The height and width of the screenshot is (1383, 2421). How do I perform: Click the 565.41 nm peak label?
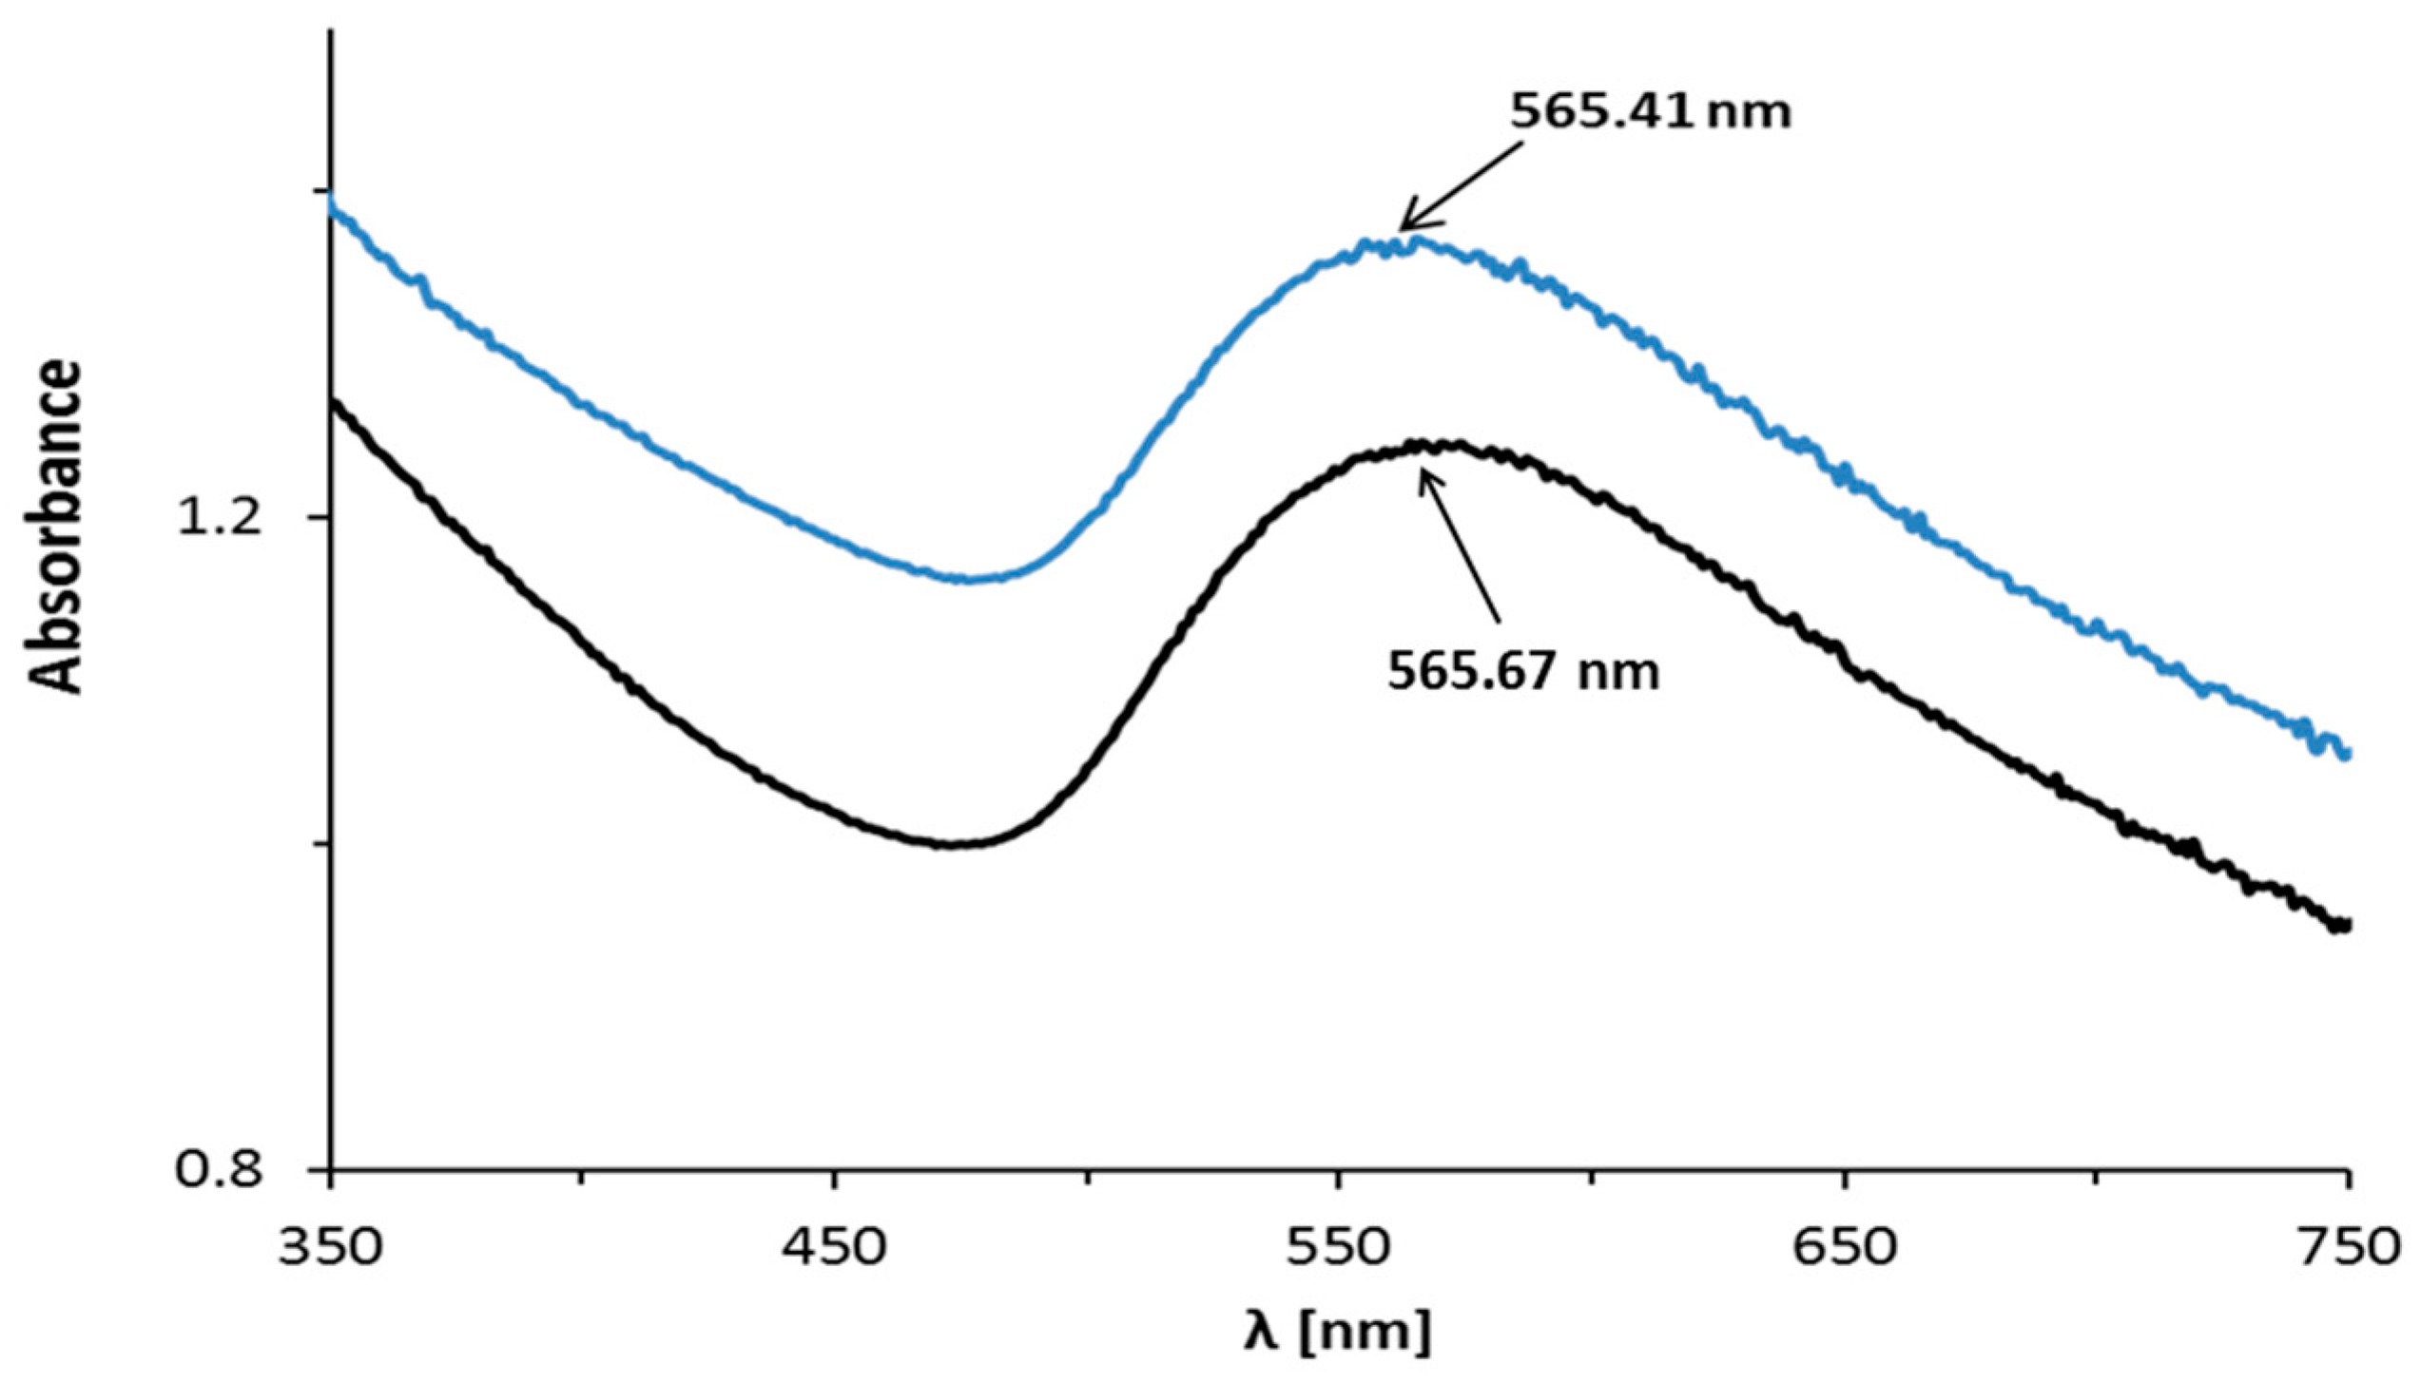[1651, 112]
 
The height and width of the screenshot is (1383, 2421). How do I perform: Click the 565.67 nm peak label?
[1523, 673]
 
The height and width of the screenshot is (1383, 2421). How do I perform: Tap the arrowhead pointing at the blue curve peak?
[1404, 228]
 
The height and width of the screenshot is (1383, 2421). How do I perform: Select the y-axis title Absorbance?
[55, 526]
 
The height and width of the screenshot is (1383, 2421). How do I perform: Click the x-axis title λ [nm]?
[1336, 1333]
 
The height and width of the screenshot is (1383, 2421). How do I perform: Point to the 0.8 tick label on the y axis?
[220, 1170]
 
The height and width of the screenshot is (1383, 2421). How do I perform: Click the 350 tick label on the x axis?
[330, 1247]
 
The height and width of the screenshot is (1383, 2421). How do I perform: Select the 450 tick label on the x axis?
[834, 1247]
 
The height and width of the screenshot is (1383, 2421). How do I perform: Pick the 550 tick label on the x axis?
[1339, 1247]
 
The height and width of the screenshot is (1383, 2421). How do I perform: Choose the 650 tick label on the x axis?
[1844, 1247]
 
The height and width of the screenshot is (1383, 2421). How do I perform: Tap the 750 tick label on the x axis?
[2347, 1247]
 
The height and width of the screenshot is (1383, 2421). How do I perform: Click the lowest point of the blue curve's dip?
[965, 579]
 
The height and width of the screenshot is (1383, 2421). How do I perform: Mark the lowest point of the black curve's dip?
[951, 844]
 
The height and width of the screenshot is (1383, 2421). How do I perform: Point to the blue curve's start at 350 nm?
[332, 207]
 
